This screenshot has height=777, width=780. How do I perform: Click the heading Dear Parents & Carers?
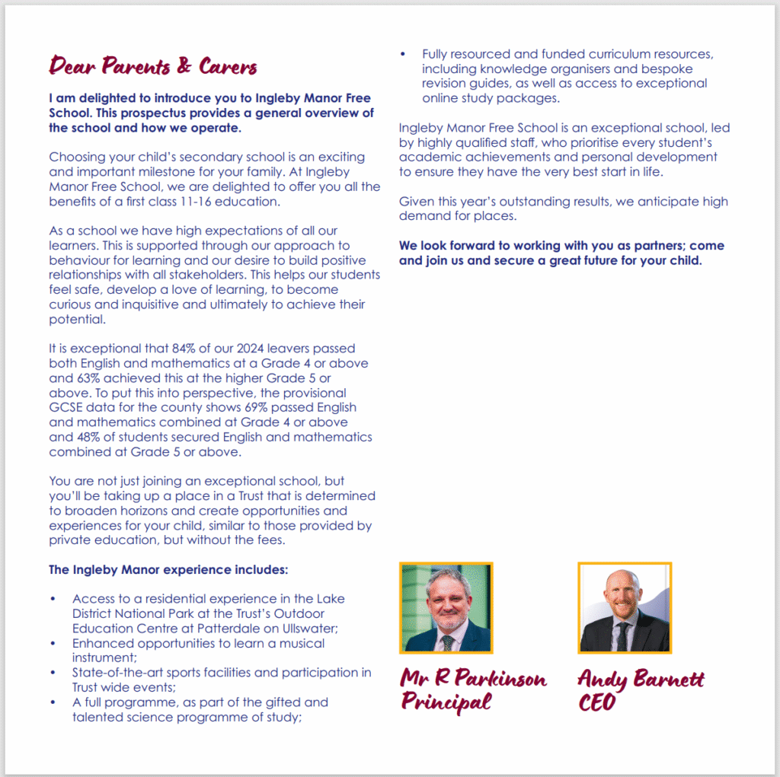pos(153,67)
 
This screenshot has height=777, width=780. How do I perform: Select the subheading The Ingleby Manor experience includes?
pos(168,569)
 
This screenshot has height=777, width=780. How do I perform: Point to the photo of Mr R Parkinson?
pos(446,607)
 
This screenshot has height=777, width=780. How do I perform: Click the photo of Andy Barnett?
pos(625,607)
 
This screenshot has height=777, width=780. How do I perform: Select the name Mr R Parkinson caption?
pos(474,678)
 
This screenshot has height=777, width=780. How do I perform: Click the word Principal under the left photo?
pos(446,702)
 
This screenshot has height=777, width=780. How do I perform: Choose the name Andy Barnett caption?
pos(641,678)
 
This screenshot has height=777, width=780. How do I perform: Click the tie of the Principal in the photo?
pos(447,642)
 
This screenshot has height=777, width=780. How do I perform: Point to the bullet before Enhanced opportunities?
pos(53,644)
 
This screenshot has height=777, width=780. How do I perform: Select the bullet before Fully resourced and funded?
pos(403,54)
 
